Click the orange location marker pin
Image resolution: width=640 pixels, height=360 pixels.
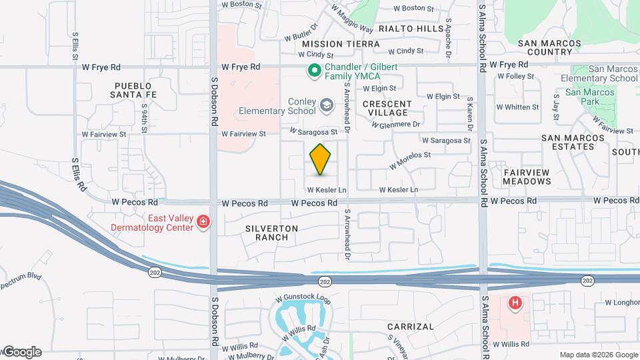coord(321,159)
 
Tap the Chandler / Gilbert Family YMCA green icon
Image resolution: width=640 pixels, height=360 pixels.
coord(312,70)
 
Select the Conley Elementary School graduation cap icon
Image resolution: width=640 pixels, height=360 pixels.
coord(327,105)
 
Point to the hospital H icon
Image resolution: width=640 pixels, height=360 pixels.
coord(515,304)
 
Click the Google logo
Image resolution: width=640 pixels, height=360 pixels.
coord(21,352)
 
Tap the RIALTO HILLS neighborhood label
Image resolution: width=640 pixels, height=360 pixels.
coord(411,29)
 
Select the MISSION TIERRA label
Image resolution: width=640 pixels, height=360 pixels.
coord(341,44)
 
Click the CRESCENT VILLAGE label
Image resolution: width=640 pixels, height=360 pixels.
coord(387,108)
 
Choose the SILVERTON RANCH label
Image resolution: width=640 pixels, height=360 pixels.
coord(271,233)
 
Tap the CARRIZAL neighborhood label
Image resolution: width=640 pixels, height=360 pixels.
coord(411,327)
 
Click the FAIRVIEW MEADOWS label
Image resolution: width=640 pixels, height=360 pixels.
coord(527,177)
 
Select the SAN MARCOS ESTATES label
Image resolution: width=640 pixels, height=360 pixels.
coord(573,143)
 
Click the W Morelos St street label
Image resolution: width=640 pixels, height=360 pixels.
coord(410,160)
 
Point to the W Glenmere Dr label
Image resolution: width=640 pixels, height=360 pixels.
coord(395,124)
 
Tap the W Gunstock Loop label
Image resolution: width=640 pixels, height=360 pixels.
coord(303,299)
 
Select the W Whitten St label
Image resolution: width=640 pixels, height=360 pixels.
coord(517,107)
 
